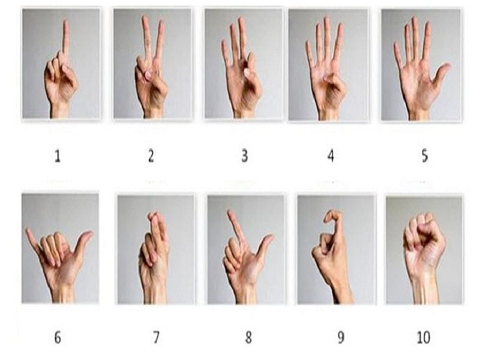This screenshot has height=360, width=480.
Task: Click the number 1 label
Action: tap(57, 156)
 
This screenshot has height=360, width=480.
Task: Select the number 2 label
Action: tap(151, 156)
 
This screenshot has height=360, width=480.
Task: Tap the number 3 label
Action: tap(244, 156)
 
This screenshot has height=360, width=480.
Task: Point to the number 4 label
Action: tap(331, 156)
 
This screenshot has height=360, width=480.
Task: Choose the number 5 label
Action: tap(425, 156)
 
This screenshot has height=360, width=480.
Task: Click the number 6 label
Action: tap(58, 338)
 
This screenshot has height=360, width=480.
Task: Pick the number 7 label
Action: tap(156, 338)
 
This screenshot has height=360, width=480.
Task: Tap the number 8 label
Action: tap(248, 338)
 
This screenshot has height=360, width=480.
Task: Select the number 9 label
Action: tap(341, 338)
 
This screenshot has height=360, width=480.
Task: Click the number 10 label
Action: tap(424, 338)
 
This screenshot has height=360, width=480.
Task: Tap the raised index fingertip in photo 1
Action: tap(65, 22)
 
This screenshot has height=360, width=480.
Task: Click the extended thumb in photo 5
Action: tap(440, 73)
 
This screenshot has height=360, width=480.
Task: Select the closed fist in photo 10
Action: tap(424, 242)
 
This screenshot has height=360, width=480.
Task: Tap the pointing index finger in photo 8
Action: tap(236, 227)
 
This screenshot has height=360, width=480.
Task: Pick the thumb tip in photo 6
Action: tap(89, 234)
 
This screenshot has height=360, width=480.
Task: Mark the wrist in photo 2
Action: tap(154, 112)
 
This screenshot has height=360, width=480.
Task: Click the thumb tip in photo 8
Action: tap(269, 237)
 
